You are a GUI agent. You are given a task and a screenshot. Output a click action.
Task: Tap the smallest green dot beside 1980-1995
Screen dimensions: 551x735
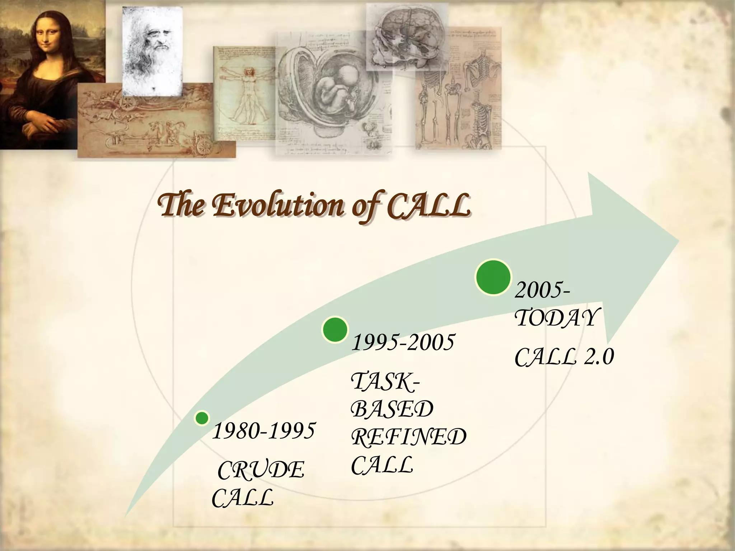tap(202, 418)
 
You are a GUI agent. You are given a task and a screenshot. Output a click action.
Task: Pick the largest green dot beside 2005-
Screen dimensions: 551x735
tap(493, 277)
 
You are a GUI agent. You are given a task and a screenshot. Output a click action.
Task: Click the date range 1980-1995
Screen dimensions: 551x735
tap(264, 431)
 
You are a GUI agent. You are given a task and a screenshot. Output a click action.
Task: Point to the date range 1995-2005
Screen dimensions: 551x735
tap(403, 343)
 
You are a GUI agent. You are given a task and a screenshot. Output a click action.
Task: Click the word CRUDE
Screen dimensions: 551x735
tap(261, 470)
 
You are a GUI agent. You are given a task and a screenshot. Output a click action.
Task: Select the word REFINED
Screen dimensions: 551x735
tap(408, 437)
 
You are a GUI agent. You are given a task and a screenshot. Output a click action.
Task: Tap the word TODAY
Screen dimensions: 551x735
tap(557, 317)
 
